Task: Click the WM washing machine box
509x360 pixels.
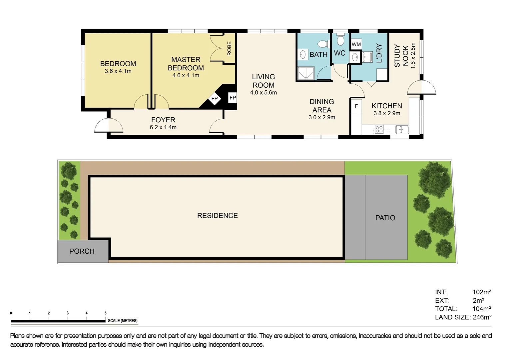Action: click(x=356, y=44)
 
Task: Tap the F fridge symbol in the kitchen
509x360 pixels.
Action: click(x=356, y=106)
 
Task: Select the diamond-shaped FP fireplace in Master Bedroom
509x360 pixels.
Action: click(x=214, y=99)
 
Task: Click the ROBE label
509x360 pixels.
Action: click(x=229, y=48)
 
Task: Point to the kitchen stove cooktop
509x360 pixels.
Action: click(x=379, y=129)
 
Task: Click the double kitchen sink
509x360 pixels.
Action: click(x=402, y=129)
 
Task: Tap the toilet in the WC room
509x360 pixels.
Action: click(x=340, y=40)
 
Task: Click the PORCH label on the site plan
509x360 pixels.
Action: click(x=82, y=251)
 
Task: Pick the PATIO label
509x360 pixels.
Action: click(x=385, y=218)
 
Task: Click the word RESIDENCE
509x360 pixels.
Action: click(x=217, y=216)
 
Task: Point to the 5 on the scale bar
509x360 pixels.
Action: click(x=106, y=313)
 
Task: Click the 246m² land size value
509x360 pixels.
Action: click(x=482, y=317)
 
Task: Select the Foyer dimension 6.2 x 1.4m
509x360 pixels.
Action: click(x=163, y=127)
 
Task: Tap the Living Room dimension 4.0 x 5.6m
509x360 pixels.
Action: click(x=263, y=93)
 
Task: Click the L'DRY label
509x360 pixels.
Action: click(x=379, y=53)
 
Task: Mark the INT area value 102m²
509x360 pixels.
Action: click(x=481, y=292)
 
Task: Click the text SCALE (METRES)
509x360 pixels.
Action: click(x=122, y=321)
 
